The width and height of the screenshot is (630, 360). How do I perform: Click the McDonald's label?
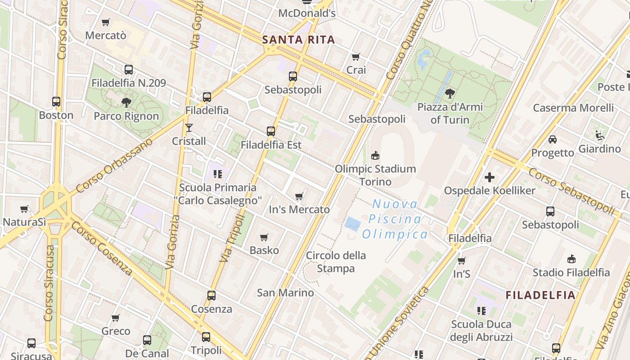click(307, 13)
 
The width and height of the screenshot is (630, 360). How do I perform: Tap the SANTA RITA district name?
click(298, 40)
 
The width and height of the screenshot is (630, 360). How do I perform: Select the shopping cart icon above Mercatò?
click(106, 22)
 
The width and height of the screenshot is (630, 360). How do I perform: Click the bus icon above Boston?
click(56, 102)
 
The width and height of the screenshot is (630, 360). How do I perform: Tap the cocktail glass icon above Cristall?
click(189, 128)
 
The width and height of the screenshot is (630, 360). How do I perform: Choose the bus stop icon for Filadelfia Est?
click(270, 131)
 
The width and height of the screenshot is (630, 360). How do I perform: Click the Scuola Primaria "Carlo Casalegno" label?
click(218, 194)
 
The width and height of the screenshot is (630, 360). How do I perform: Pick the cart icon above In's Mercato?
click(299, 196)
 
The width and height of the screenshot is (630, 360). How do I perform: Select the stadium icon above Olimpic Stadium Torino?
click(375, 156)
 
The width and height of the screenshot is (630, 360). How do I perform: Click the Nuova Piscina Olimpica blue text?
click(395, 219)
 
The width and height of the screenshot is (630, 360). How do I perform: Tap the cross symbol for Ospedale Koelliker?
click(490, 177)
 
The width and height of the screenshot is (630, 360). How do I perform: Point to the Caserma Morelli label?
click(573, 108)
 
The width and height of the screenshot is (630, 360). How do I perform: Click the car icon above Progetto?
click(553, 139)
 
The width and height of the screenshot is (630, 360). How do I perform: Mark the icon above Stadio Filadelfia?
click(571, 259)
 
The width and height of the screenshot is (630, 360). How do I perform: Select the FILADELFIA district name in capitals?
click(540, 295)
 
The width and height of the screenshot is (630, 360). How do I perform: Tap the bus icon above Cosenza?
click(211, 296)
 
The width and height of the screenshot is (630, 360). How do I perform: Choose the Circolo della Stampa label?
click(336, 262)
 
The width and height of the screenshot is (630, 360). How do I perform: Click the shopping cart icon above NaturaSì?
click(24, 209)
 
